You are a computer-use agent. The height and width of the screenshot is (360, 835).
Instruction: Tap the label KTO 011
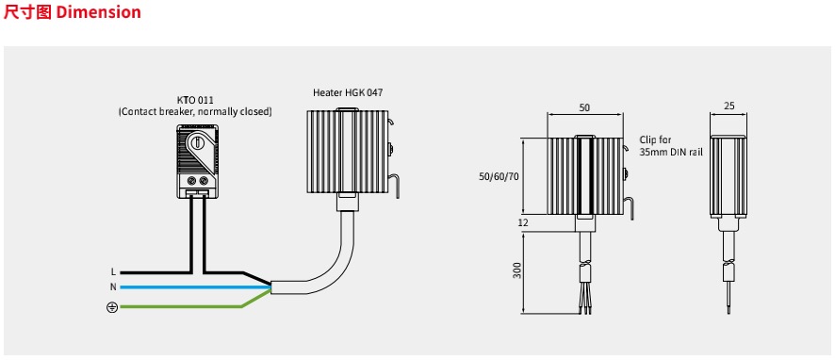click(x=195, y=101)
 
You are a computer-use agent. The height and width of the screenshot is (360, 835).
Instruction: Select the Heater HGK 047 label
click(x=348, y=92)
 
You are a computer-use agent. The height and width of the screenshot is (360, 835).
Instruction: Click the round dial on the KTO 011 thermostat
click(x=198, y=142)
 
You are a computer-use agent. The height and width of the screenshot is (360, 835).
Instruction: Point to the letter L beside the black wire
click(x=113, y=272)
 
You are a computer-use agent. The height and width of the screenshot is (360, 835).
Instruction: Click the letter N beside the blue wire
click(x=113, y=287)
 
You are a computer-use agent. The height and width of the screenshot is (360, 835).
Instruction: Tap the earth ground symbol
click(x=112, y=307)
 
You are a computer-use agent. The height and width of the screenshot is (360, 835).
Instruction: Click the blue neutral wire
click(x=195, y=287)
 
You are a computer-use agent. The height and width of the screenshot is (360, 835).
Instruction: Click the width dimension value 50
click(x=584, y=107)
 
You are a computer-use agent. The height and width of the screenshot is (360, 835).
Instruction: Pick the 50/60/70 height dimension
click(x=499, y=176)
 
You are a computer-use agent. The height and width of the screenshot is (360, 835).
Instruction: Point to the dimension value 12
click(x=523, y=222)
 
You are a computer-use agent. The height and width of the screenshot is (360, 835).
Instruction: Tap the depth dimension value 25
click(x=729, y=106)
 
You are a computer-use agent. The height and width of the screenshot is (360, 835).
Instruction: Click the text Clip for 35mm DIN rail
click(x=671, y=146)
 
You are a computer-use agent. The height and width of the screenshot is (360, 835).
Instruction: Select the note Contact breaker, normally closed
click(x=195, y=112)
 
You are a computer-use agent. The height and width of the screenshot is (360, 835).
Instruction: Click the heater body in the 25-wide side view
click(x=729, y=176)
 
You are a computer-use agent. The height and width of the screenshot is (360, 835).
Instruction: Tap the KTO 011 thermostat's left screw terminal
click(x=190, y=179)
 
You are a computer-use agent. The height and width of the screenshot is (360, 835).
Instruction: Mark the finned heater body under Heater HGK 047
click(x=346, y=151)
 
